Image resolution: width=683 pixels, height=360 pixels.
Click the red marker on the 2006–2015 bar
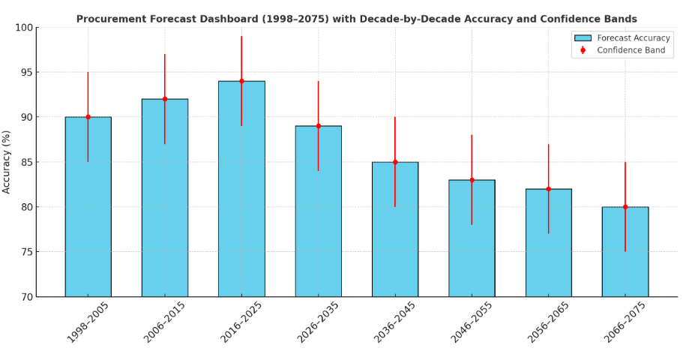point(165,99)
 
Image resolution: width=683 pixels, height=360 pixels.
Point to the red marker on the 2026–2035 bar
point(318,126)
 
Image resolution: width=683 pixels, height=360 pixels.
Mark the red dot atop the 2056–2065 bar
point(548,189)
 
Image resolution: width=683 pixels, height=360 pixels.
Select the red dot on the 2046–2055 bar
point(472,180)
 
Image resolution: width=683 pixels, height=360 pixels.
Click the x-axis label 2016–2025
point(239,322)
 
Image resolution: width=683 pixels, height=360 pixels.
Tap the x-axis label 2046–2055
point(469,322)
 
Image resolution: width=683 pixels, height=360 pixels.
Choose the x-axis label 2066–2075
point(623,322)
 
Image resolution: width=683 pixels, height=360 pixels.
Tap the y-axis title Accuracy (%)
point(7,162)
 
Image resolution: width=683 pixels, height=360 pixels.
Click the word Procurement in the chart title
point(109,19)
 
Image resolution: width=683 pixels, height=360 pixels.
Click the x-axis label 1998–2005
point(85,322)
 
